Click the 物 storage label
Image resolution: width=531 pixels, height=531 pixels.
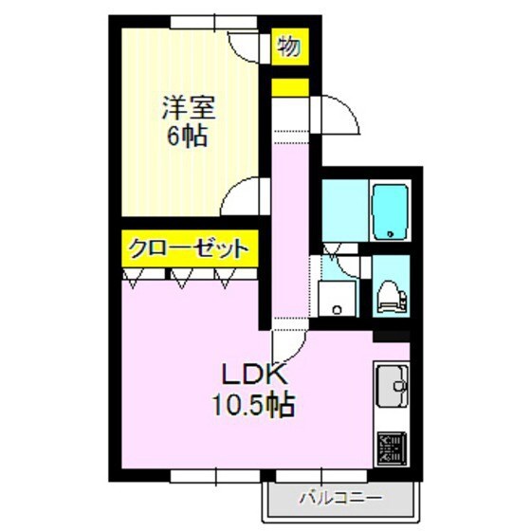[x=289, y=46]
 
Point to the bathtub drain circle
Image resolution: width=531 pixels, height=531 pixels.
[x=389, y=235]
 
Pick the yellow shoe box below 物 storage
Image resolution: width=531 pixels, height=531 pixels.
[x=289, y=88]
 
